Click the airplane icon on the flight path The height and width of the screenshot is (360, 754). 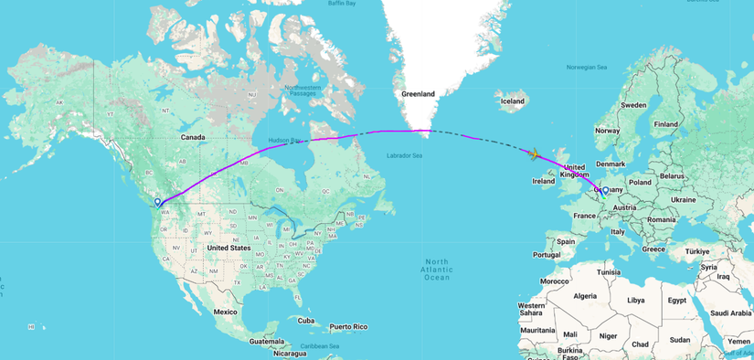[x=533, y=153]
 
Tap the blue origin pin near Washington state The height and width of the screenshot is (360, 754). [x=158, y=202]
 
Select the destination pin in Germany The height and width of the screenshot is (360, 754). [x=605, y=191]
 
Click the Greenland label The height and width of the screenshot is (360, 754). [x=419, y=93]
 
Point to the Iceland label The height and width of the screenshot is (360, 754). [x=512, y=101]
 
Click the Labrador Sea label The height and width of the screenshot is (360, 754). [x=405, y=155]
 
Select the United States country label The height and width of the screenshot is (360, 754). [x=228, y=248]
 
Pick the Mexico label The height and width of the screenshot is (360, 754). [x=226, y=312]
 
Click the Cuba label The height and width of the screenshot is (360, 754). [x=306, y=321]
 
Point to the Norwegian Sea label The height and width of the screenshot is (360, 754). [x=587, y=67]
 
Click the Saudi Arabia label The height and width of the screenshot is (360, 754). [x=729, y=312]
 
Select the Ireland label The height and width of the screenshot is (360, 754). [x=544, y=181]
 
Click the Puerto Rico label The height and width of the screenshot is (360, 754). [x=349, y=326]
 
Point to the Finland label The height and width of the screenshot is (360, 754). [x=665, y=123]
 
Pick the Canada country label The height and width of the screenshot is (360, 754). [x=193, y=137]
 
